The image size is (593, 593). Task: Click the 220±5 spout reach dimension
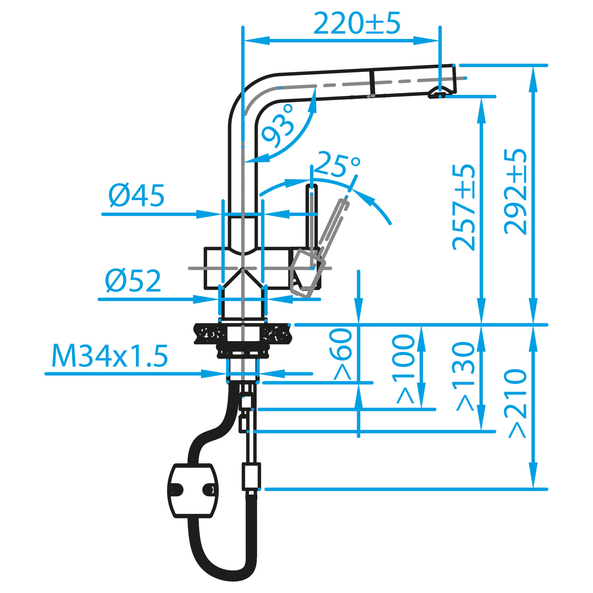357,23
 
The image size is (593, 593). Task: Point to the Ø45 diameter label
137,195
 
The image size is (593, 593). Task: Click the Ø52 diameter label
133,280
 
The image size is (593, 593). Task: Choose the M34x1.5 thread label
109,357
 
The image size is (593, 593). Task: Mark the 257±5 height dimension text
464,207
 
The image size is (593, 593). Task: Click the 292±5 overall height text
515,191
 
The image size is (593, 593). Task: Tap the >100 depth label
404,369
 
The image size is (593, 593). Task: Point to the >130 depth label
464,376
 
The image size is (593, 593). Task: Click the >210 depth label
515,403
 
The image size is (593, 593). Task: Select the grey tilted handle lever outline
321,248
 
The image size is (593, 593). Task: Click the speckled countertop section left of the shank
210,333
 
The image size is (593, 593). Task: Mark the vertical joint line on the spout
372,83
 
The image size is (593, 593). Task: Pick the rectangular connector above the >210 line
251,477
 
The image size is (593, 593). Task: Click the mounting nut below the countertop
243,351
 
